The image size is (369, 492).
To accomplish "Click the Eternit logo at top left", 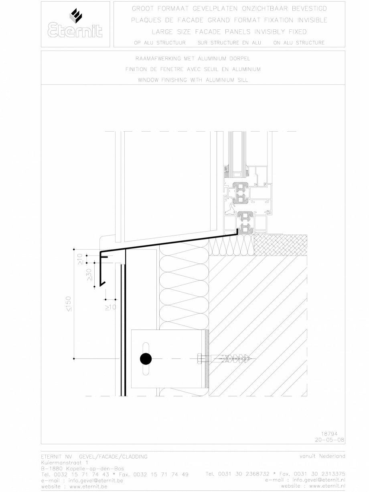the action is tap(75, 24).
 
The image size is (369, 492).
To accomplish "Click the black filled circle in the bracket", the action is tap(146, 358).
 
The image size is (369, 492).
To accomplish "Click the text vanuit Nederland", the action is tap(322, 456).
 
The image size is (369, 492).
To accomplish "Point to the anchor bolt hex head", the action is tap(200, 358).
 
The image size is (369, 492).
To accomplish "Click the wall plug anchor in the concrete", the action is tap(233, 358).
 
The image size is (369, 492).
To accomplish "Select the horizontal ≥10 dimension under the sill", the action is tap(110, 307).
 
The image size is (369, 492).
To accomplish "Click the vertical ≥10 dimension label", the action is tap(80, 259).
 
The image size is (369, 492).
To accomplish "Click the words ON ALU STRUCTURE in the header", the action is tap(299, 43).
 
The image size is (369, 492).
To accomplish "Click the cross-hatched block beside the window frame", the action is tap(281, 244).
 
